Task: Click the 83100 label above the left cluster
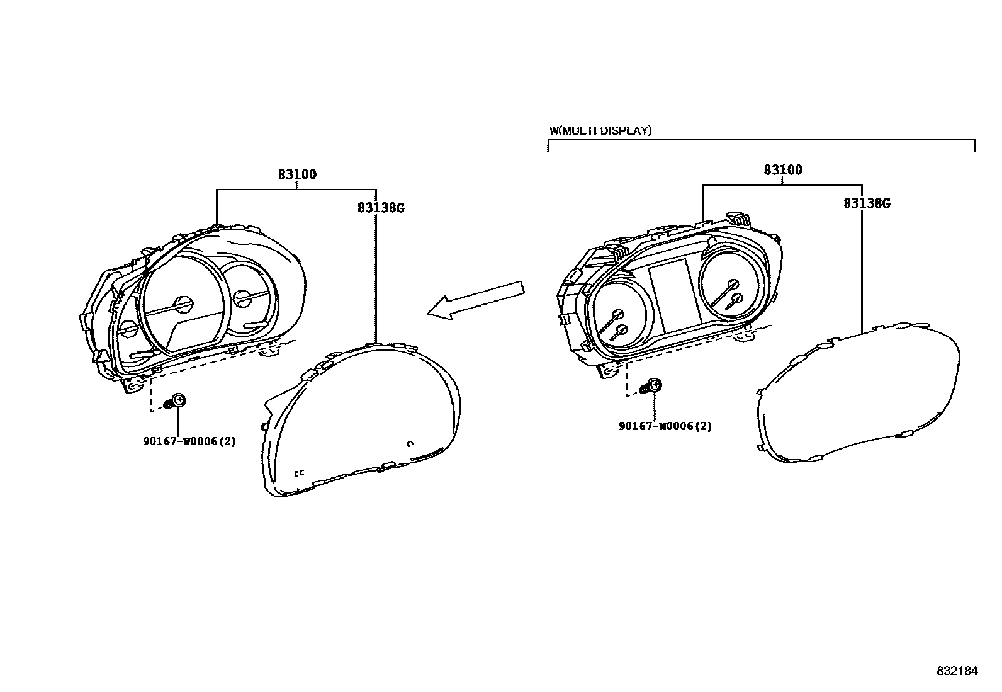[x=297, y=174]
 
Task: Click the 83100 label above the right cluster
[x=783, y=170]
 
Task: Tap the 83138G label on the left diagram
[x=380, y=207]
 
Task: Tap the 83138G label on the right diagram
[x=867, y=203]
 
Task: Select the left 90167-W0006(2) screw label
[x=189, y=441]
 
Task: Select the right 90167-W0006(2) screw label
[x=665, y=426]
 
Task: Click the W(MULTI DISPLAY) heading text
[x=600, y=131]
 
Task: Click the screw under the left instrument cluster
[x=176, y=401]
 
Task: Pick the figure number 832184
[x=957, y=671]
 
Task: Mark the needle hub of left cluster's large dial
[x=183, y=304]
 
